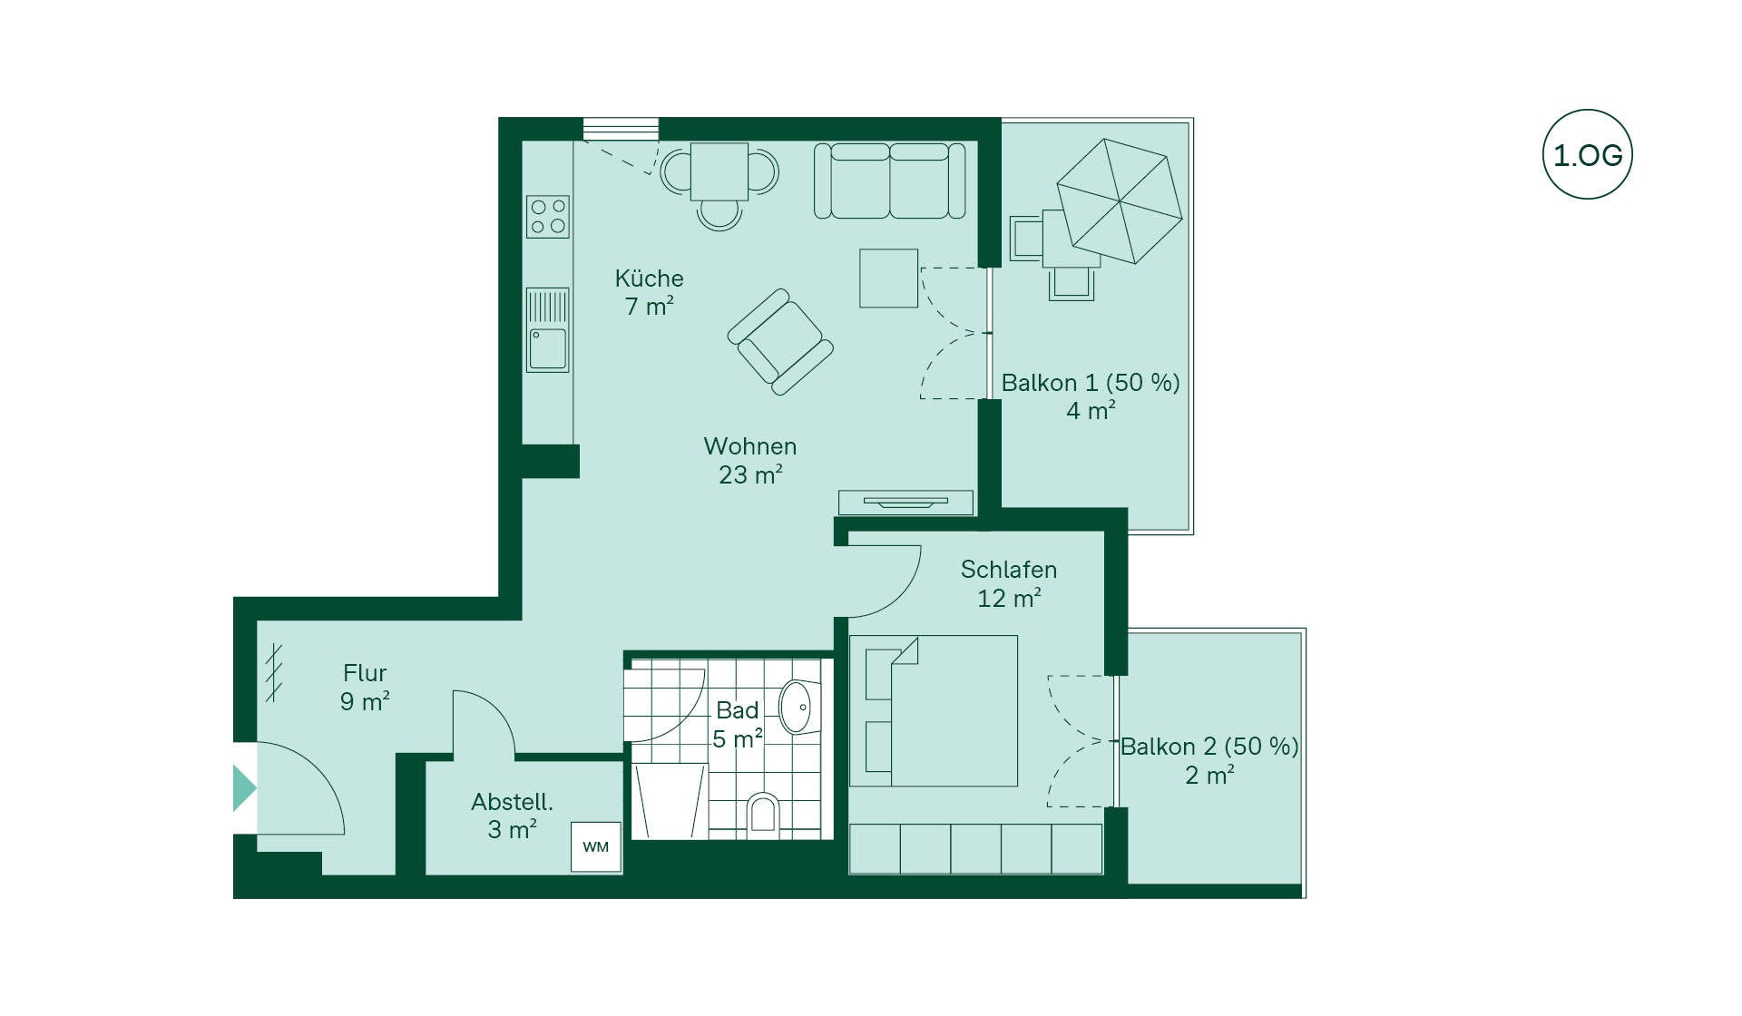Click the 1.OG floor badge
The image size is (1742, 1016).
click(x=1588, y=154)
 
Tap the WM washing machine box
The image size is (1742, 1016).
click(x=596, y=847)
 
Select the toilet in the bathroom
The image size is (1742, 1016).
click(x=764, y=813)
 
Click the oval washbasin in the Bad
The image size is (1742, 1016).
click(x=796, y=707)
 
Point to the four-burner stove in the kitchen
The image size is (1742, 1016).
click(x=548, y=217)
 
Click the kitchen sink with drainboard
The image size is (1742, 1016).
click(x=548, y=330)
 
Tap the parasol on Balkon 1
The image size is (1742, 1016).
click(x=1120, y=200)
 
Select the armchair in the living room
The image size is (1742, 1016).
click(x=780, y=342)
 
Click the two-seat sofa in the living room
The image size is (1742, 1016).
click(x=890, y=181)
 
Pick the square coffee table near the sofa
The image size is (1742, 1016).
click(x=889, y=278)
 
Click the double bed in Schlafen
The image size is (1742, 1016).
click(x=934, y=711)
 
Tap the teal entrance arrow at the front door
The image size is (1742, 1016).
click(x=244, y=788)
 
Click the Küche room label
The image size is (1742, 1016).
click(x=649, y=278)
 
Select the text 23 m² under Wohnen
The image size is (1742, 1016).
click(x=750, y=474)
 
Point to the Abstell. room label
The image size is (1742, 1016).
click(x=512, y=802)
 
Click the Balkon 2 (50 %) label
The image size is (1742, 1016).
click(x=1209, y=747)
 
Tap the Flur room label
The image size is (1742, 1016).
click(x=365, y=673)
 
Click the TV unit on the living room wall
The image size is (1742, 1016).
click(x=905, y=503)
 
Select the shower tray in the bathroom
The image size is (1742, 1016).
click(x=670, y=802)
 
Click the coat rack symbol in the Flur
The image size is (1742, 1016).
click(x=274, y=672)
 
